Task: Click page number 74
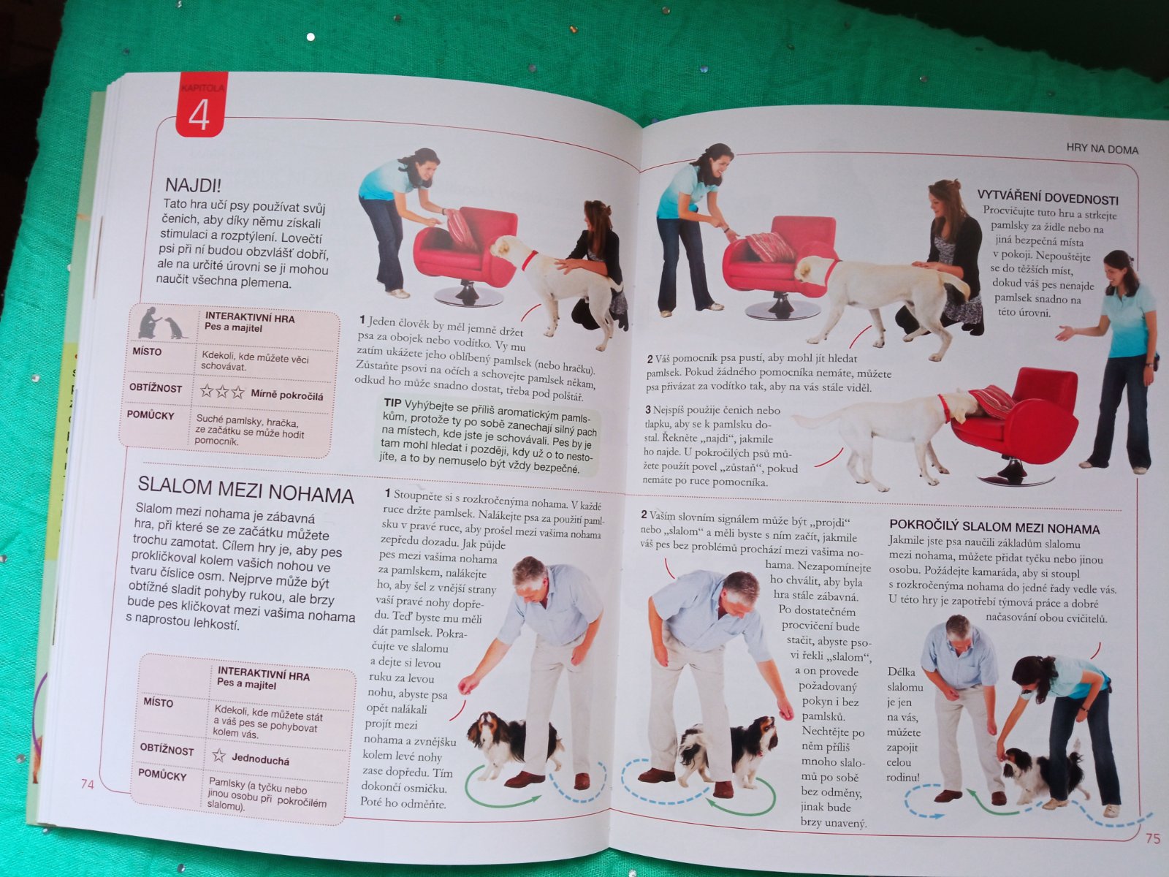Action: click(88, 783)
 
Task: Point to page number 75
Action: click(1152, 839)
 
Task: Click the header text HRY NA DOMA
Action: click(1102, 149)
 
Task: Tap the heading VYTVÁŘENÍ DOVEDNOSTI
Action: click(1048, 197)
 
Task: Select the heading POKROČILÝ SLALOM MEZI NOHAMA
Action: click(994, 527)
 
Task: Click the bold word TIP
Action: click(392, 403)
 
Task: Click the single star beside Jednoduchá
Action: click(219, 755)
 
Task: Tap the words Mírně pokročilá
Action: click(286, 395)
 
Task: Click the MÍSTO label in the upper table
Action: click(146, 352)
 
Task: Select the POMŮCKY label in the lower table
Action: click(162, 775)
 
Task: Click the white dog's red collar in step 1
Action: click(529, 260)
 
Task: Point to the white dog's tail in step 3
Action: click(817, 419)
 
